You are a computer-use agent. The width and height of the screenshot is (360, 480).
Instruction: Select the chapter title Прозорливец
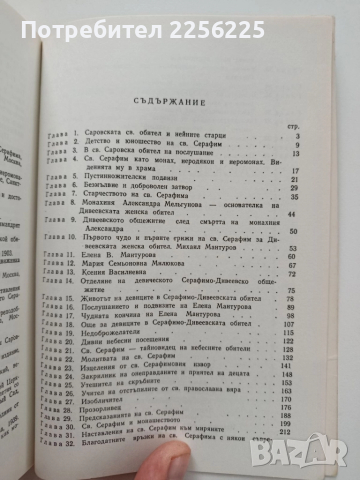point(112,407)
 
